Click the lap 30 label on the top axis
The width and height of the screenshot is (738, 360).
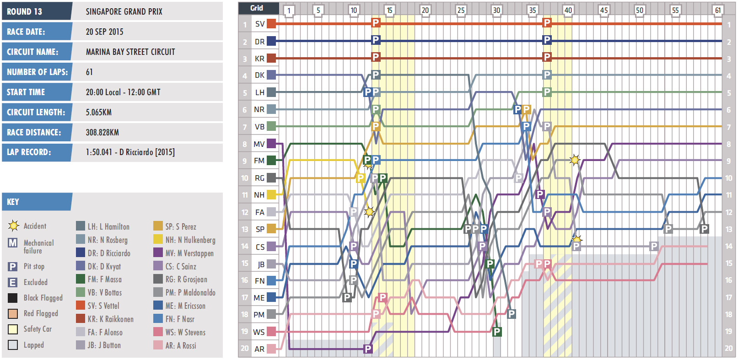(x=496, y=10)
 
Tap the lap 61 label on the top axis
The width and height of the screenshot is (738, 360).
(x=717, y=10)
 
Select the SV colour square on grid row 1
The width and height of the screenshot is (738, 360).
(x=271, y=24)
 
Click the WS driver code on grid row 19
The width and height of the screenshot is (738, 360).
(x=259, y=332)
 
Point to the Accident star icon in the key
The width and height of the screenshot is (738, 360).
(x=13, y=226)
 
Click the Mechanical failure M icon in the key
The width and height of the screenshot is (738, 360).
(x=13, y=243)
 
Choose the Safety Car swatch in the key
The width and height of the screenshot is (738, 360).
(x=13, y=329)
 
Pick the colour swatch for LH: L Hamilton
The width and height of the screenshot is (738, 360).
(x=81, y=226)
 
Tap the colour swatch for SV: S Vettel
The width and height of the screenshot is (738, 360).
(x=81, y=305)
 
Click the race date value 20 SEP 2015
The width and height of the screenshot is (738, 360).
(x=104, y=32)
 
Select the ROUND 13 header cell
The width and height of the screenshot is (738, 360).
(x=37, y=11)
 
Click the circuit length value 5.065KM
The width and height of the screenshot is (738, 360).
(x=98, y=112)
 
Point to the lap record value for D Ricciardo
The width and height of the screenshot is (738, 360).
(x=130, y=152)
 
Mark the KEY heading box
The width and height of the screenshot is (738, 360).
(x=37, y=202)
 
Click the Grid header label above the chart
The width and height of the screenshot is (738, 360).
(x=257, y=8)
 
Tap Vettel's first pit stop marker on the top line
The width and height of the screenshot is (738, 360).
(x=376, y=23)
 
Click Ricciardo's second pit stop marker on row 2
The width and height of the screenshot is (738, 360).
(x=547, y=40)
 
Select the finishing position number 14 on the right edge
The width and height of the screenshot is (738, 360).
(x=728, y=246)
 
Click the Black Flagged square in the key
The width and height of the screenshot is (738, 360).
(x=13, y=298)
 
